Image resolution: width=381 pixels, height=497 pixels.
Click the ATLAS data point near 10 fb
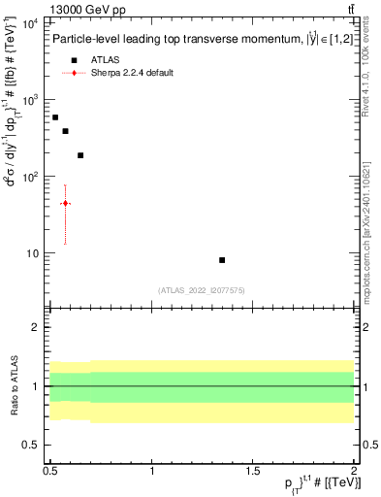[222, 260]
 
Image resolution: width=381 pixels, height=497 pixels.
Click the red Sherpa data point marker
[65, 203]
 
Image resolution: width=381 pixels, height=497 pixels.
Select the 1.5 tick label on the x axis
[253, 470]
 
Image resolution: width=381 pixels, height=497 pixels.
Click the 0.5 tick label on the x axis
[51, 470]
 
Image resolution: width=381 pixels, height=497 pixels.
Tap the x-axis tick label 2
[354, 470]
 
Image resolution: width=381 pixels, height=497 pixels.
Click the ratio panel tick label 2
[35, 328]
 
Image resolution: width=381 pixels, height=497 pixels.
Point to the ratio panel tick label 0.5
[31, 445]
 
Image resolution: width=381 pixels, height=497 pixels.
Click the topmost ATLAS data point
[55, 116]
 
